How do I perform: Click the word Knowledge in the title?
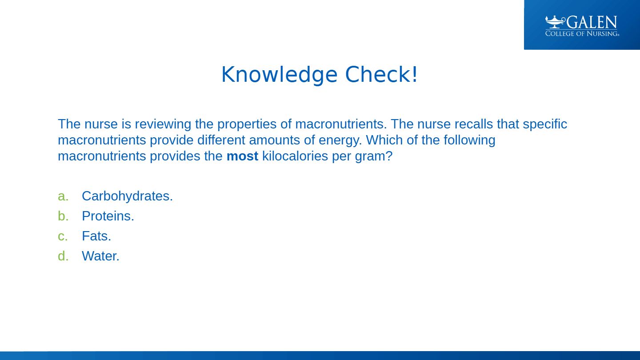[280, 75]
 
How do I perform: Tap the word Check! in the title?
[381, 74]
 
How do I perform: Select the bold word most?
[242, 156]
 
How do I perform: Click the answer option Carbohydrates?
[128, 196]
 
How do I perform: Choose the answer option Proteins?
[108, 216]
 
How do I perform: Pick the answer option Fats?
[96, 236]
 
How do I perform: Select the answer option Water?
[100, 256]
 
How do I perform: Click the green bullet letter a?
[63, 196]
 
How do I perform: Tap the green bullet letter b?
[63, 216]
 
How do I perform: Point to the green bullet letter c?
[63, 236]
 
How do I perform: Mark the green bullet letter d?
[63, 256]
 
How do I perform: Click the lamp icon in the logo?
[555, 22]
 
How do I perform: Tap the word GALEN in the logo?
[592, 22]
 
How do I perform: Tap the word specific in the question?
[545, 124]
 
